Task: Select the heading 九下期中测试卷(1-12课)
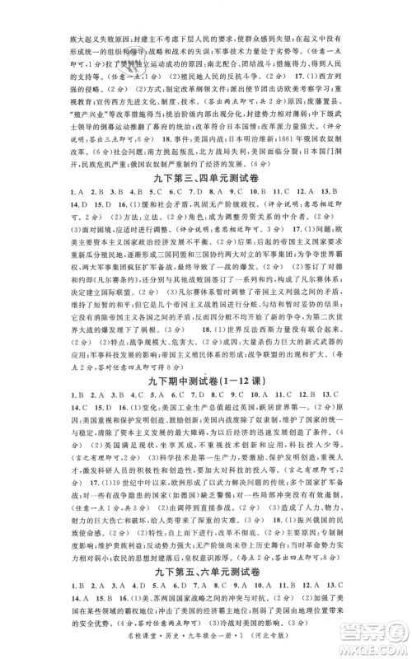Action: point(206,386)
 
